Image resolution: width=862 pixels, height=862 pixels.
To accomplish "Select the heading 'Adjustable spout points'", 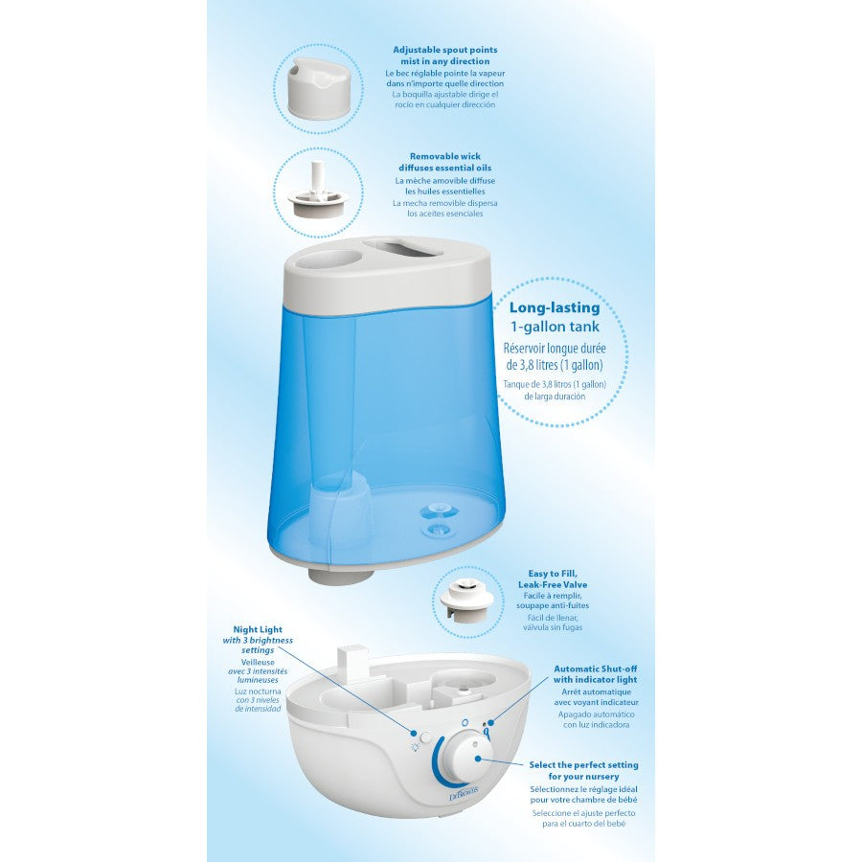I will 444,49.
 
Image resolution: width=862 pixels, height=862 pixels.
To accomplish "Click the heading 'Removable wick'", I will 444,156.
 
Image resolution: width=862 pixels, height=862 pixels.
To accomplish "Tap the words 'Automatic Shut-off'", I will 596,669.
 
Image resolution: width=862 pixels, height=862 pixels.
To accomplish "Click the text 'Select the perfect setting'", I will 583,765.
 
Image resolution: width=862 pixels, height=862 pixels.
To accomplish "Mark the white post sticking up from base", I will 348,659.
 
